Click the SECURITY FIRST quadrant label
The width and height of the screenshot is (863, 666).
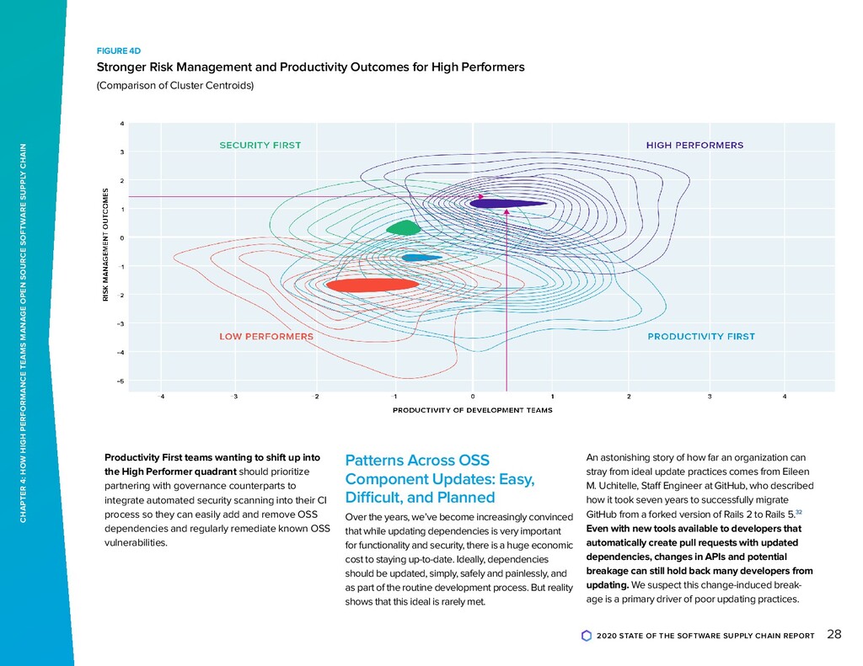(x=260, y=145)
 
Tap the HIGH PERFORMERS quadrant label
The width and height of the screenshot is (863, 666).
(x=694, y=145)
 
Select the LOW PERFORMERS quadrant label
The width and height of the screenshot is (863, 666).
(x=266, y=336)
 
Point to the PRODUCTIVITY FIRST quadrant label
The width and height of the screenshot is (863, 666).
(x=701, y=336)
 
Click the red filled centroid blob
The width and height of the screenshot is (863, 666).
(x=372, y=285)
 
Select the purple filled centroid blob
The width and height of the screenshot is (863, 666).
(x=506, y=203)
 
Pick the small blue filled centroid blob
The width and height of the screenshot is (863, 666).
(x=421, y=257)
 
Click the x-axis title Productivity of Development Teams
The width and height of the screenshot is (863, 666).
(x=472, y=410)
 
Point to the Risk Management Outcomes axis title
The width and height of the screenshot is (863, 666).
(x=106, y=245)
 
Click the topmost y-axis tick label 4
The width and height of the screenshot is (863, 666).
(x=123, y=124)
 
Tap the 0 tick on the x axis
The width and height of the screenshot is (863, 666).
(x=473, y=396)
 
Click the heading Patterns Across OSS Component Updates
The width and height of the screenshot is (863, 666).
(x=441, y=478)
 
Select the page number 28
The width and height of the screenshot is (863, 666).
(x=834, y=634)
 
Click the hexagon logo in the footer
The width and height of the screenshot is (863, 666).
(x=586, y=636)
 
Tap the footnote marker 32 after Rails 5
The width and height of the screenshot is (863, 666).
(x=799, y=511)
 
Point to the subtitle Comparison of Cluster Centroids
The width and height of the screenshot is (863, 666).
(x=175, y=86)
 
